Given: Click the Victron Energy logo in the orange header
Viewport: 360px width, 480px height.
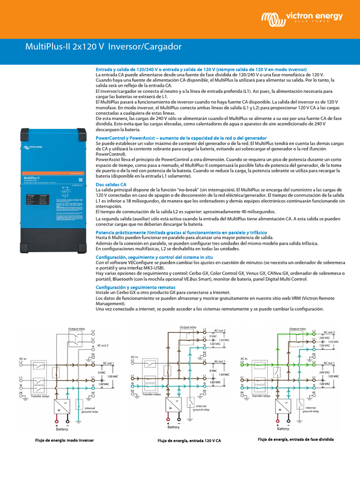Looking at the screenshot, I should pos(302,18).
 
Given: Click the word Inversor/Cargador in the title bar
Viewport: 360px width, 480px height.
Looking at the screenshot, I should pos(145,47).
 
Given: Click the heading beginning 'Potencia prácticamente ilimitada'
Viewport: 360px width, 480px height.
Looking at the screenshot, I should pos(181,232).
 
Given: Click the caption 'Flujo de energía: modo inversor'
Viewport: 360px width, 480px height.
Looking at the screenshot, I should pos(65,441).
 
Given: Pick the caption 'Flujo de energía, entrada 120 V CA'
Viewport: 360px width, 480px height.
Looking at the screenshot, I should pos(189,441).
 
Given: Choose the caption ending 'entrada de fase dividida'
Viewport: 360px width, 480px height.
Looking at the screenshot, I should pos(296,440).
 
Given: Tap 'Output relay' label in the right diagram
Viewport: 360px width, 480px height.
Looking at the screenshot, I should pos(298,329).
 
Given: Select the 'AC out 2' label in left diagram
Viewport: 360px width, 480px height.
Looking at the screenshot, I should pos(103,345).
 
